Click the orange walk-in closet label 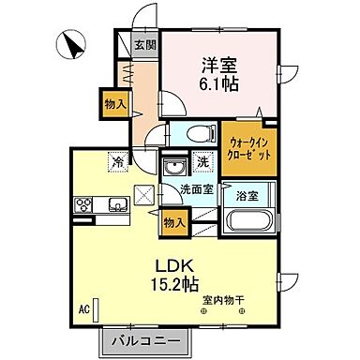pos(249,148)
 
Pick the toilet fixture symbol pos(194,133)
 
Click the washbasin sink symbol pos(173,167)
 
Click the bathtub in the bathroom pos(247,225)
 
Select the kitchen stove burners pos(80,204)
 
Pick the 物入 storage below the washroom pos(173,221)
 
